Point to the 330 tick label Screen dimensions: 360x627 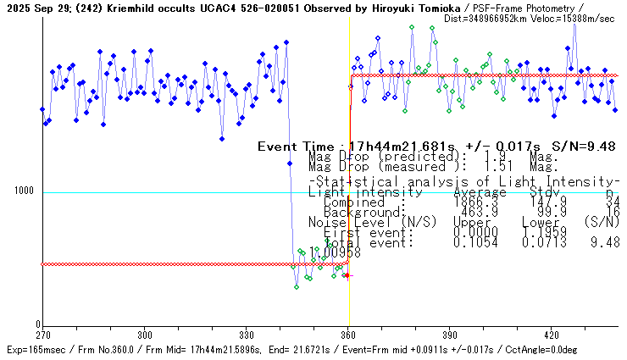click(x=247, y=335)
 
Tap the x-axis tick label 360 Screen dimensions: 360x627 click(x=349, y=335)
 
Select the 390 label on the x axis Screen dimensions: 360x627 click(x=450, y=335)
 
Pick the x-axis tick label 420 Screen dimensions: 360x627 click(x=552, y=335)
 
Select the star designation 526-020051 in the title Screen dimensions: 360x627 click(x=264, y=7)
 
